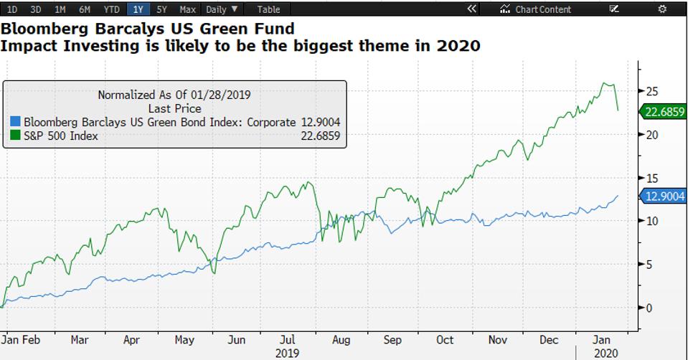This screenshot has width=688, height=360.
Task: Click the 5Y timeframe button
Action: coord(162,9)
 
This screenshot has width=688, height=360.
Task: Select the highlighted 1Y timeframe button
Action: coord(138,9)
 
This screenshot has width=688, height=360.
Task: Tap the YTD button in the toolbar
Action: coord(112,9)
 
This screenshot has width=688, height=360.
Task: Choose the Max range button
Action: coord(187,9)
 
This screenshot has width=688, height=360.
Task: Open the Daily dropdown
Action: coord(223,9)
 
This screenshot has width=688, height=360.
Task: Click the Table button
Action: coord(268,9)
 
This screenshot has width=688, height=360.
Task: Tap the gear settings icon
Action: coord(661,9)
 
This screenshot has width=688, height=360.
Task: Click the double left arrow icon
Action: coord(471,9)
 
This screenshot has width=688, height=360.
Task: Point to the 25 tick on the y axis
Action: coord(652,91)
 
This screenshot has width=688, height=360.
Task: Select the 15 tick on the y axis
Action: coord(652,178)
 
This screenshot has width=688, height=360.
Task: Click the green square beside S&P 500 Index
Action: coord(17,136)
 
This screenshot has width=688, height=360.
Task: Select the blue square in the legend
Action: coord(17,123)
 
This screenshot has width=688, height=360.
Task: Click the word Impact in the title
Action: coord(27,45)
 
